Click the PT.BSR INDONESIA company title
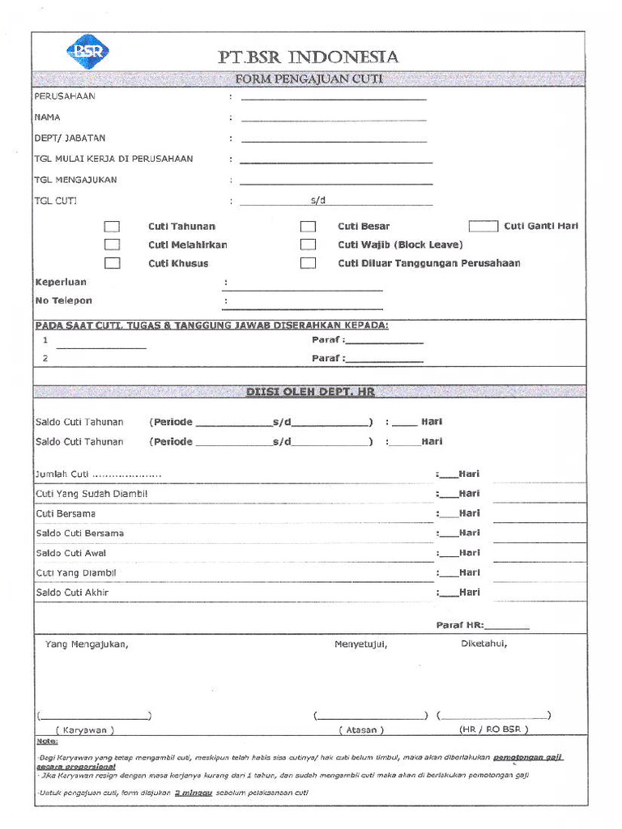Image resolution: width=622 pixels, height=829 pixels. click(x=308, y=57)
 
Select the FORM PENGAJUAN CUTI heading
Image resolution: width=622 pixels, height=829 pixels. click(x=308, y=79)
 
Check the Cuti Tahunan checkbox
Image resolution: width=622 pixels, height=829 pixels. click(x=113, y=227)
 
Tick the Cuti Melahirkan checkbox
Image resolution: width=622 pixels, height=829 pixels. click(x=113, y=244)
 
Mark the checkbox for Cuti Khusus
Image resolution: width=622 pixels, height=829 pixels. click(x=113, y=263)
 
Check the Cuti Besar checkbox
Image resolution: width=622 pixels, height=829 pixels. click(x=308, y=227)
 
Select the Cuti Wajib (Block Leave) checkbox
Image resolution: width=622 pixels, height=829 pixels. click(x=308, y=244)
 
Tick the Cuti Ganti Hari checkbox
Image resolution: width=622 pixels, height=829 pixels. click(x=484, y=227)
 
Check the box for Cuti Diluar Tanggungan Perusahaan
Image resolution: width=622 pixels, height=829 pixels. click(x=308, y=263)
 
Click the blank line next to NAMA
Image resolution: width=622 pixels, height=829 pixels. click(x=333, y=119)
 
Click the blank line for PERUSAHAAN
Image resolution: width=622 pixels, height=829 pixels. click(x=333, y=98)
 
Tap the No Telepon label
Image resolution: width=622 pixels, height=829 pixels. click(x=64, y=300)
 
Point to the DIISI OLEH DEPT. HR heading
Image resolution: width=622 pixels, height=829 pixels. click(x=310, y=392)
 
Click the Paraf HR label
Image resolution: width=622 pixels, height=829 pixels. click(x=460, y=625)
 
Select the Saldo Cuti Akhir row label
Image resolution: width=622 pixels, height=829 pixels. click(x=72, y=593)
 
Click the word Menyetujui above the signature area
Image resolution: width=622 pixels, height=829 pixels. click(x=361, y=644)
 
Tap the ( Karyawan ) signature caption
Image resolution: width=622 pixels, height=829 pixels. click(x=85, y=729)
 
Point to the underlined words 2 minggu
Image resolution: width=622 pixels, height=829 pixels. click(x=193, y=793)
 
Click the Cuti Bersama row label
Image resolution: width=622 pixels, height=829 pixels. click(x=66, y=514)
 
